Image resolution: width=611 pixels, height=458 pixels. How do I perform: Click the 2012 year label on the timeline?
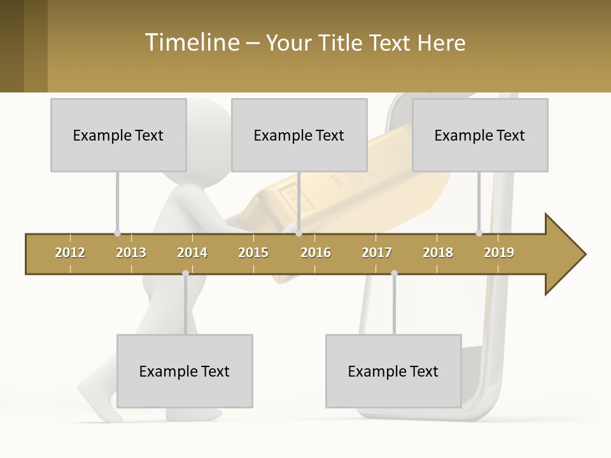click(x=70, y=253)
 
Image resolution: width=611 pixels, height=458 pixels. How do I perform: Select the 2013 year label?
click(x=131, y=253)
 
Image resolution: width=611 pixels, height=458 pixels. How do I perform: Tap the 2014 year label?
click(x=192, y=253)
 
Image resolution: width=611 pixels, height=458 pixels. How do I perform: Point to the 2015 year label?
click(x=253, y=253)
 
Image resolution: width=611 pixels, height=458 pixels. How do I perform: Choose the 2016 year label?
click(x=316, y=253)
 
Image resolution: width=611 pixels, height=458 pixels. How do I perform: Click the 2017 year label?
click(x=377, y=253)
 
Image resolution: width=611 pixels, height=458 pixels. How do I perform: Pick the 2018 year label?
click(x=438, y=253)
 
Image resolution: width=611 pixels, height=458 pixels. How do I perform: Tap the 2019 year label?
click(x=499, y=253)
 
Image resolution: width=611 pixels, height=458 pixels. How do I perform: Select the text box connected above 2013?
click(x=118, y=135)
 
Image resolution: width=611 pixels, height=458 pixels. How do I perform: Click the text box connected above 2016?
click(x=299, y=135)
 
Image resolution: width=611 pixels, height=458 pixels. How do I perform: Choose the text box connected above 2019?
click(x=480, y=135)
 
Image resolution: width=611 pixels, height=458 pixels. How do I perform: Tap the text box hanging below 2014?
click(x=185, y=371)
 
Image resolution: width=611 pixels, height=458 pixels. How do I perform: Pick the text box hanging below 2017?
click(x=393, y=371)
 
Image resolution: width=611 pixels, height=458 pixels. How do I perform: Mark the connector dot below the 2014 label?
click(x=185, y=273)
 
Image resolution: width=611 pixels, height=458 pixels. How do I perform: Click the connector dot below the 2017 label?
click(x=394, y=273)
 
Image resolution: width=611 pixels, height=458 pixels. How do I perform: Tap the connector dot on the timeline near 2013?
click(x=117, y=233)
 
